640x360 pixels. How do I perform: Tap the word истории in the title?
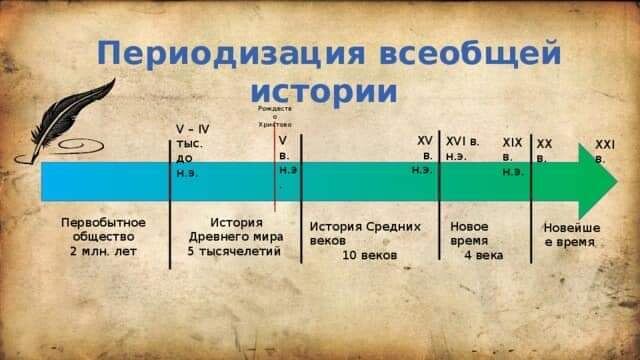325,92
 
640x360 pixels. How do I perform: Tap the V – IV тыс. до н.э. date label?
192,150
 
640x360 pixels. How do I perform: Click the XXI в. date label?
605,151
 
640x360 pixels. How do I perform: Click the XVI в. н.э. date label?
462,149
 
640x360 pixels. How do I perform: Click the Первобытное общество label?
103,229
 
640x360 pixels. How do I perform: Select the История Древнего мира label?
236,229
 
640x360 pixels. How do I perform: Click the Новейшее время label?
572,234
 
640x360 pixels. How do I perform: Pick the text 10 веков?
369,256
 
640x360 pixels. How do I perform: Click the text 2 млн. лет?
103,251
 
